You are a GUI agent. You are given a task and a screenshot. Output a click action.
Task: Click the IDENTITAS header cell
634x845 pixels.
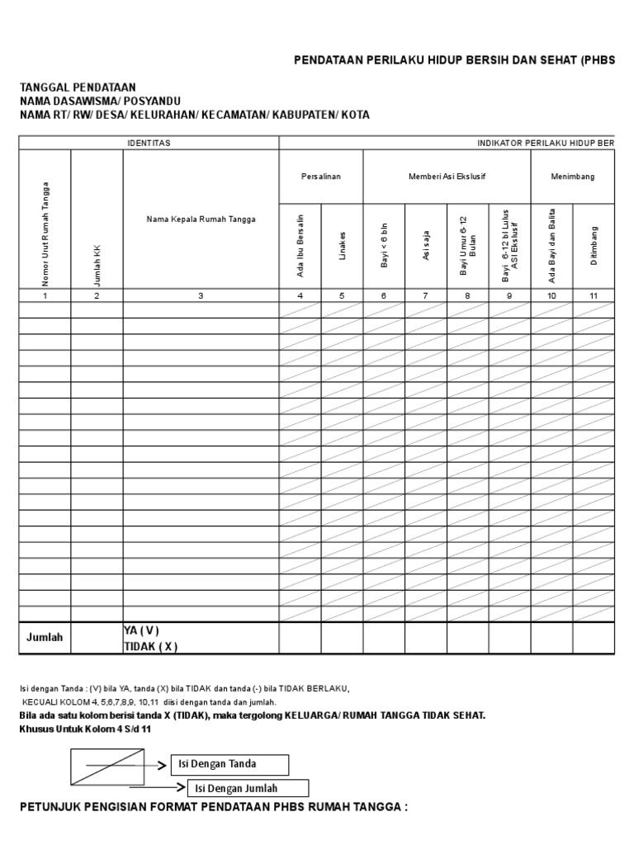(x=149, y=143)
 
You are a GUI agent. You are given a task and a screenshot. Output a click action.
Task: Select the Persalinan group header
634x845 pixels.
(x=320, y=177)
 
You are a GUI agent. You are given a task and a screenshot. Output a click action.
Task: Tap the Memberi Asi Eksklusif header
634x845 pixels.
(x=446, y=177)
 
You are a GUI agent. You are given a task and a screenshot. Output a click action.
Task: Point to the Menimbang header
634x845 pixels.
(x=573, y=177)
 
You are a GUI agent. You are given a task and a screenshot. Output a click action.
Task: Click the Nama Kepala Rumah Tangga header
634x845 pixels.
(x=201, y=219)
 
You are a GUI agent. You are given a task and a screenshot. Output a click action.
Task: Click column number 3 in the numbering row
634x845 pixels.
(x=201, y=295)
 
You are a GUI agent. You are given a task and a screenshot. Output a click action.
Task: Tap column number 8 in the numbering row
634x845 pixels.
(x=468, y=295)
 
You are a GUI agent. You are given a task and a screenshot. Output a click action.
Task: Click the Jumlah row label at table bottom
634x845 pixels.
(x=45, y=638)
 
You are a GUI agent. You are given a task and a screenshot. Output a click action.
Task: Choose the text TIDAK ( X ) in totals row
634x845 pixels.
(x=150, y=646)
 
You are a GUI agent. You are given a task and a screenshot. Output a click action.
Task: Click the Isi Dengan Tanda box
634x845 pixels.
(x=229, y=764)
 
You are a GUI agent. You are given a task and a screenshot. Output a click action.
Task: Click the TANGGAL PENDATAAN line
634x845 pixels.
(x=78, y=87)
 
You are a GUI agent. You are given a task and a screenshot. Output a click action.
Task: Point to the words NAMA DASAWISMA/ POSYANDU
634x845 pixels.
(x=100, y=101)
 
